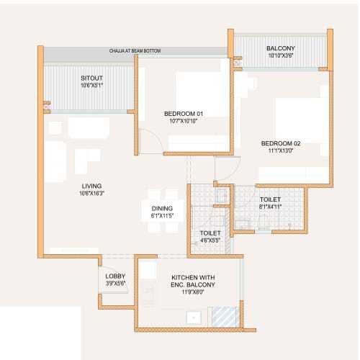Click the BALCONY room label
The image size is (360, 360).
[281, 48]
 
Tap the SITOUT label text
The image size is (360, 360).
[91, 78]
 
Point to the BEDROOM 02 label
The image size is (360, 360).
[281, 143]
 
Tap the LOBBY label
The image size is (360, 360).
[116, 276]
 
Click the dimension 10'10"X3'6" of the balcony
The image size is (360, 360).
[281, 55]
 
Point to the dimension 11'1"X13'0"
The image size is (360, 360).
[281, 150]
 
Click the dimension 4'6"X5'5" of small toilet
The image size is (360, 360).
[210, 240]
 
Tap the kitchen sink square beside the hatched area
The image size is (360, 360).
[194, 317]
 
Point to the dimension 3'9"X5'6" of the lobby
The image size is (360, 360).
[116, 283]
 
